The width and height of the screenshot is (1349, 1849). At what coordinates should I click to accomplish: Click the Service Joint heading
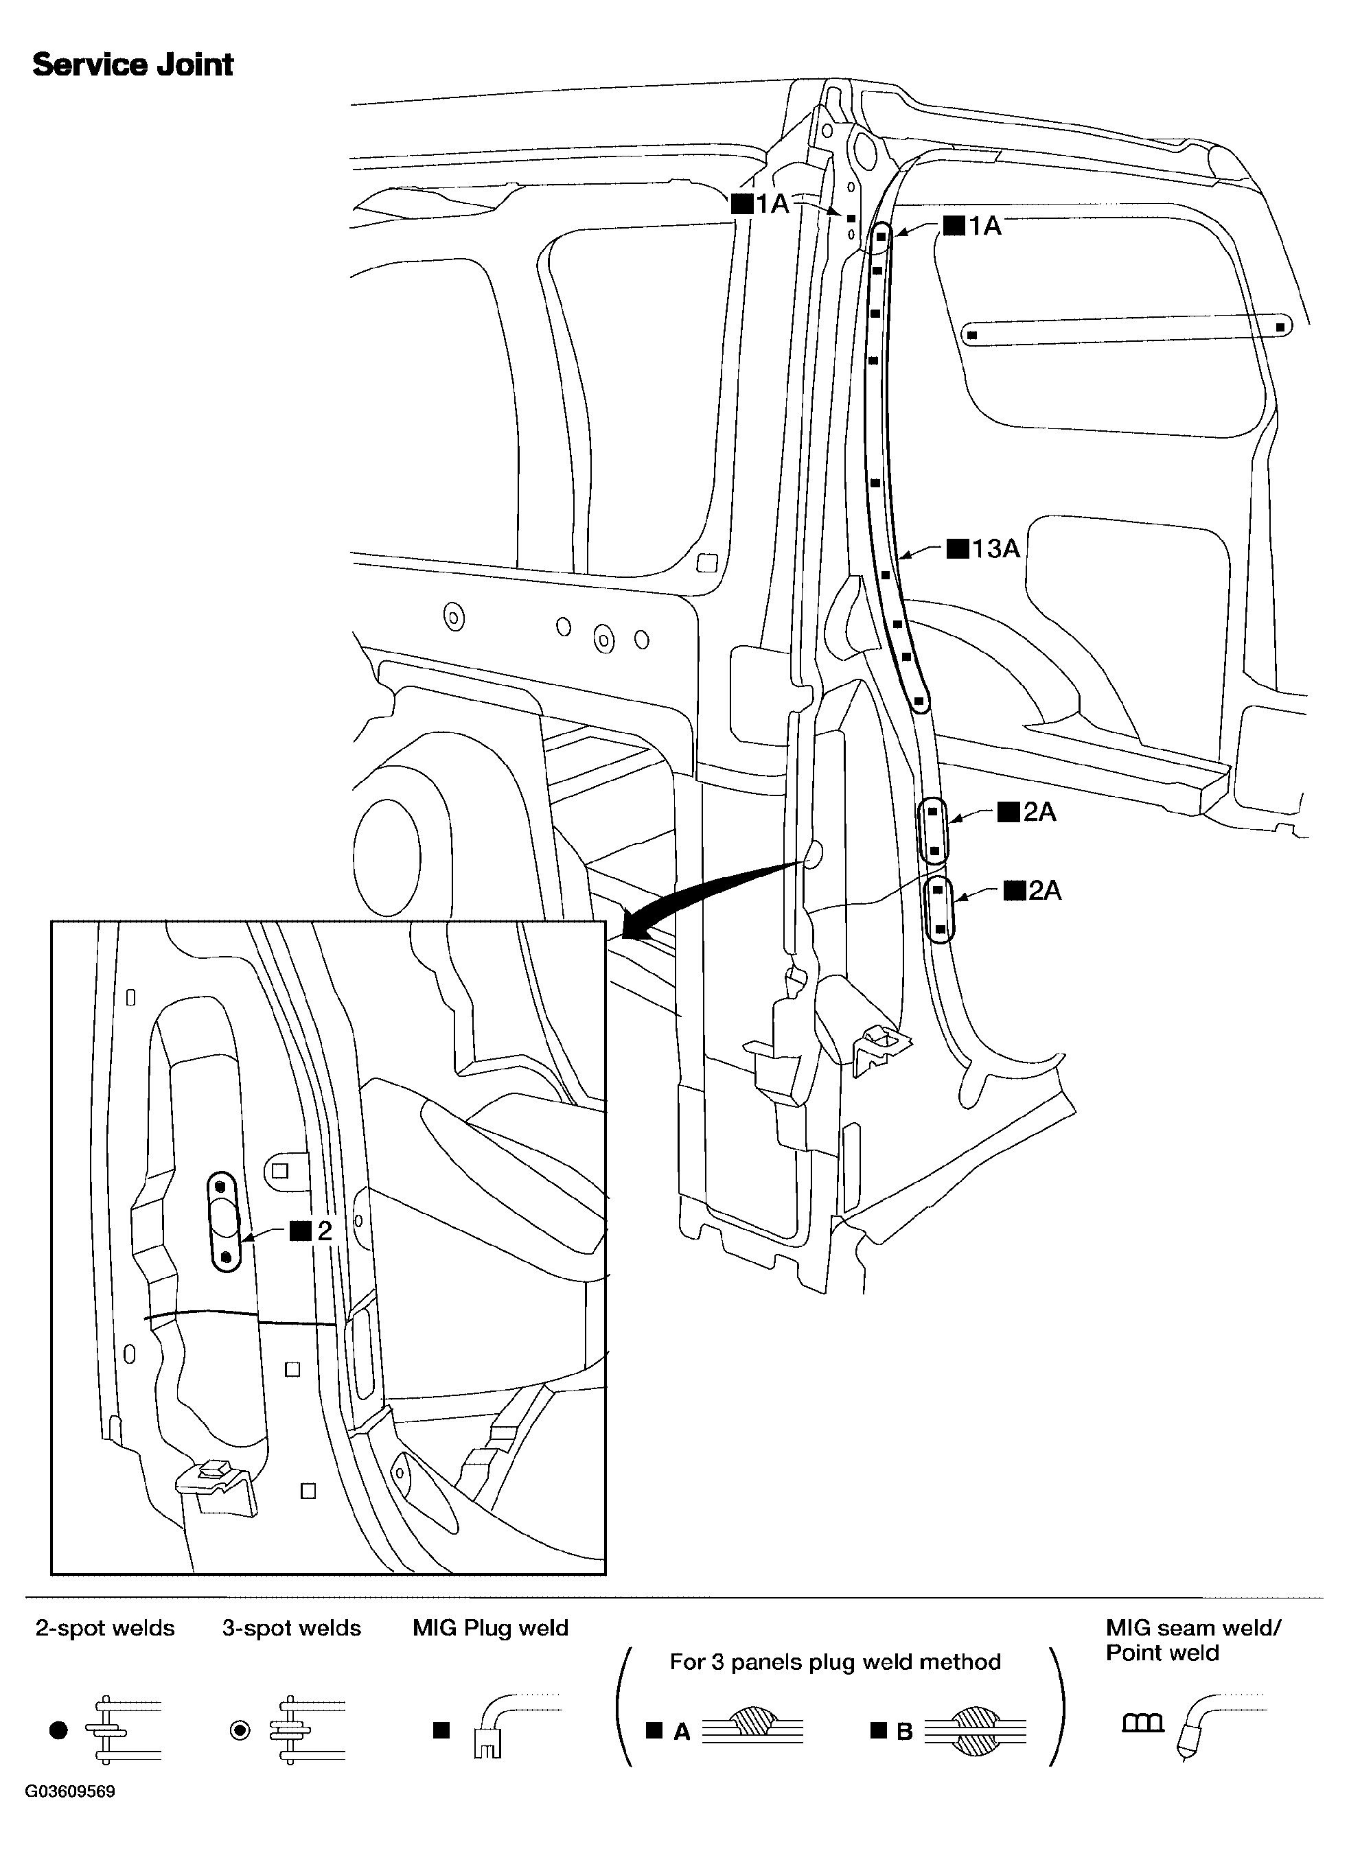point(133,65)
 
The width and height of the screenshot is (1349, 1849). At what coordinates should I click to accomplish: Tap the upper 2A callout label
point(1028,812)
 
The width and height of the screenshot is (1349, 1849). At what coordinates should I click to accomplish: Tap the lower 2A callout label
point(1034,891)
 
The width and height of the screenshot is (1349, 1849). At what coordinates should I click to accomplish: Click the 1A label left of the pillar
point(761,203)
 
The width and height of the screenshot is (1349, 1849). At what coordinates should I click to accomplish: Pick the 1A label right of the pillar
point(973,226)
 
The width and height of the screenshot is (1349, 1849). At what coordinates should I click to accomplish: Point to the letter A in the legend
point(682,1732)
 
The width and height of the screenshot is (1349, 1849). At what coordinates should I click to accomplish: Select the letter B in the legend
point(904,1732)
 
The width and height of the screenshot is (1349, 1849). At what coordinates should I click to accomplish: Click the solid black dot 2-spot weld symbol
point(58,1730)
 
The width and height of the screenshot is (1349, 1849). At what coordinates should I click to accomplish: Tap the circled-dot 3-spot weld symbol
point(240,1730)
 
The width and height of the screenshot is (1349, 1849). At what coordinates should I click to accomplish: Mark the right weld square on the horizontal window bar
point(1280,327)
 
